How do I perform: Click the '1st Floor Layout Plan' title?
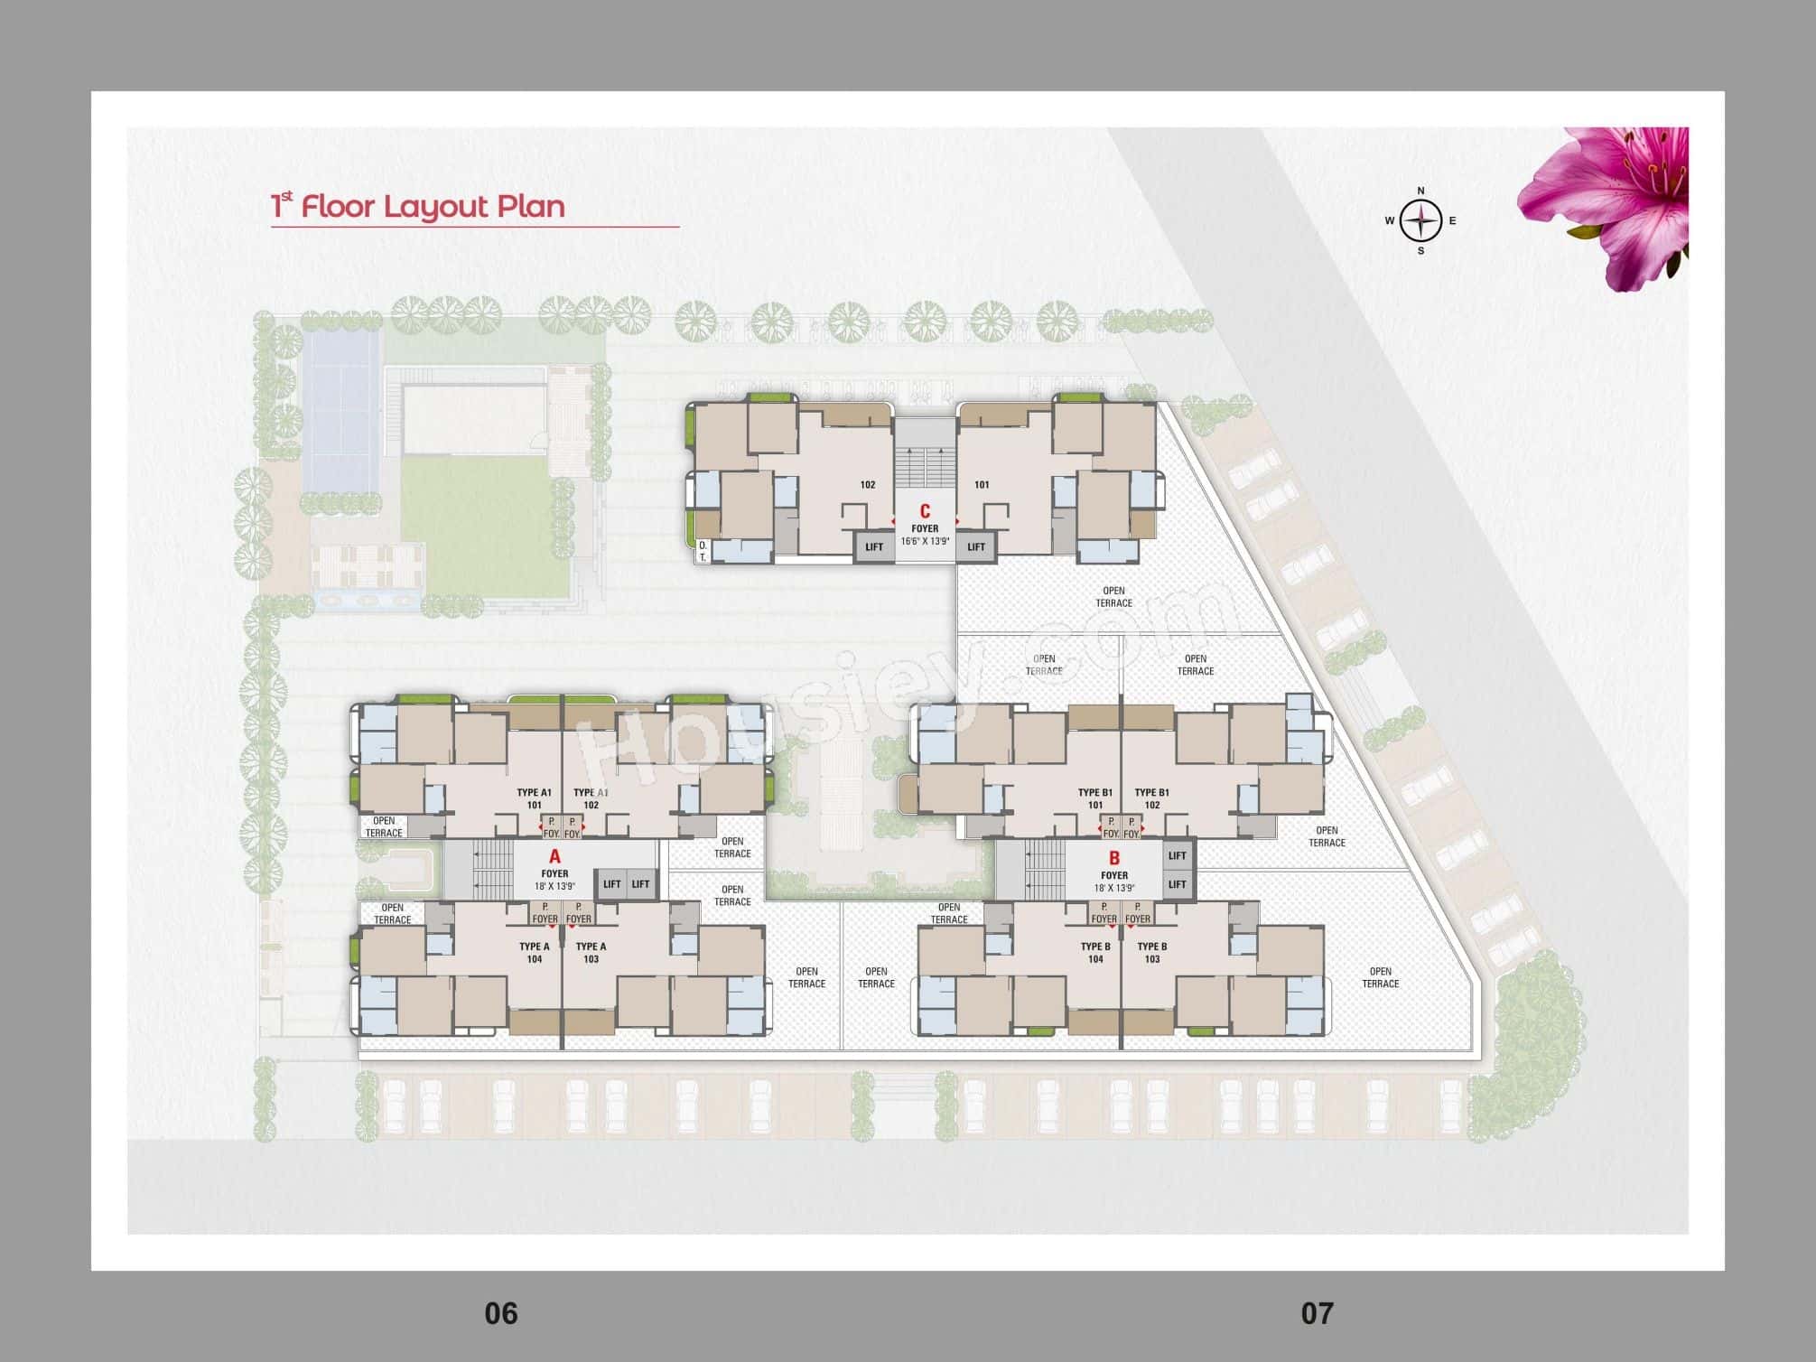[418, 206]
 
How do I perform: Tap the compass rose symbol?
[1420, 220]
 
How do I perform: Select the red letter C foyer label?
[925, 511]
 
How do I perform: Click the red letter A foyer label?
[554, 856]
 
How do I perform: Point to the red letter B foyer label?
[1113, 858]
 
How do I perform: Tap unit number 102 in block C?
[868, 485]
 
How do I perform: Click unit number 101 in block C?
[982, 485]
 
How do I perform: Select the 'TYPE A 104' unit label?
[535, 953]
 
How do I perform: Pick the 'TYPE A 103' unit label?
[591, 953]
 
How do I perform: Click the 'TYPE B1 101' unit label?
[1095, 798]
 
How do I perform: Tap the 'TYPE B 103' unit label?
[1152, 953]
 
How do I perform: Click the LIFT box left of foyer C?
[874, 546]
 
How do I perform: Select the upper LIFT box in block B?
[1177, 855]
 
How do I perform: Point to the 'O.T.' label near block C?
[703, 551]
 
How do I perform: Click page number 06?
[501, 1313]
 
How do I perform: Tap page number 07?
[1317, 1313]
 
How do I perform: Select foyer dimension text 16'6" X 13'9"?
[925, 542]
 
